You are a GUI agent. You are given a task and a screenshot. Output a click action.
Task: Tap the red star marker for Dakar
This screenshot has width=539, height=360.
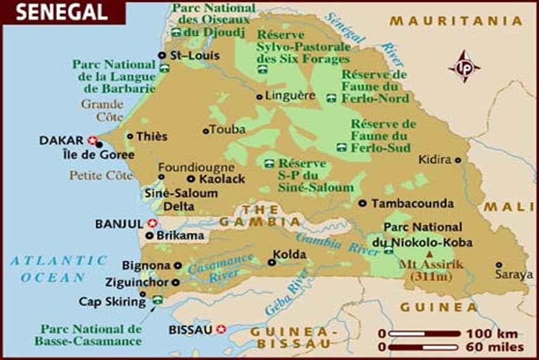[x=93, y=140]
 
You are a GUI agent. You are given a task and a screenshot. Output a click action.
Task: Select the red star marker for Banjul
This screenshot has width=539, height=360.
[x=152, y=223]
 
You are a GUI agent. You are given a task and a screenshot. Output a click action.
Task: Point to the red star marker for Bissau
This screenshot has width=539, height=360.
[x=221, y=329]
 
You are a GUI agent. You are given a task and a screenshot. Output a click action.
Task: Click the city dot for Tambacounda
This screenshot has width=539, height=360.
[x=362, y=203]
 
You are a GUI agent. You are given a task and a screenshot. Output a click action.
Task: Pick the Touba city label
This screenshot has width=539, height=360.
[x=228, y=131]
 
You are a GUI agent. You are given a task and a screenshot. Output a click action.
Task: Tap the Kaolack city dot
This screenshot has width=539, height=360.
[x=190, y=179]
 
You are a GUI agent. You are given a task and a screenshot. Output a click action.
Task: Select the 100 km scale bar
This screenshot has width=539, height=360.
[x=424, y=333]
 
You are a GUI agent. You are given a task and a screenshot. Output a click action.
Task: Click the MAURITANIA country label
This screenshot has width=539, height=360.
[x=456, y=22]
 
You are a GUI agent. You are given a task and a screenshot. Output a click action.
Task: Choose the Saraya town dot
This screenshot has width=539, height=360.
[x=499, y=265]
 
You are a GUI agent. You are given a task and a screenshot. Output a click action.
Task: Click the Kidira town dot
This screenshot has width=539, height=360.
[x=458, y=160]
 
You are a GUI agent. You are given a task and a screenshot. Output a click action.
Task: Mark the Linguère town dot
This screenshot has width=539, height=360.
[x=259, y=96]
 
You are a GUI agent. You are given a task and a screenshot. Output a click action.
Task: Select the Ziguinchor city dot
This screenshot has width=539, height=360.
[x=176, y=283]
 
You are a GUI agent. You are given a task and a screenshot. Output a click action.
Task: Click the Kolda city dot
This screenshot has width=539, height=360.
[x=272, y=262]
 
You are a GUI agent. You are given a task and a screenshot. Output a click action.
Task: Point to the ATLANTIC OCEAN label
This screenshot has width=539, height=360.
[x=58, y=269]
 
